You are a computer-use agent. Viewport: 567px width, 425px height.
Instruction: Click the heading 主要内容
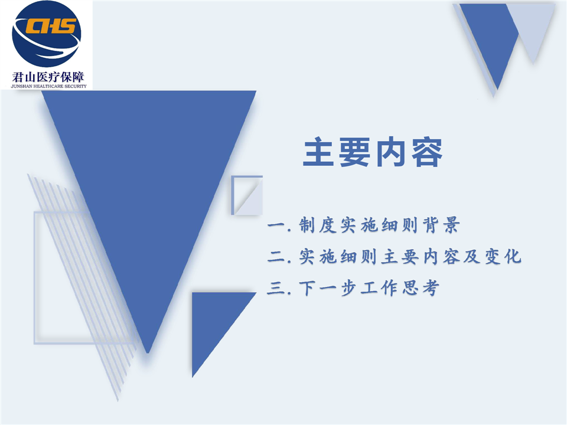pos(373,152)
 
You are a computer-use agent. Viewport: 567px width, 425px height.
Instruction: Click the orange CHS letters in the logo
pos(51,25)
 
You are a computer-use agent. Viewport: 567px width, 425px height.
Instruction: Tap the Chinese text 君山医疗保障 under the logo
pos(48,77)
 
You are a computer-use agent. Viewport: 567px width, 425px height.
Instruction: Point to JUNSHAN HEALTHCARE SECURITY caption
pos(49,86)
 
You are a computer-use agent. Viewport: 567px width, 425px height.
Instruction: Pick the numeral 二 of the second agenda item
pos(276,257)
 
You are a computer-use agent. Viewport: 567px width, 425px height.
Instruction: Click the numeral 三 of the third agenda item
pos(276,289)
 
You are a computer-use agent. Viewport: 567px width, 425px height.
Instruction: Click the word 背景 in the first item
pos(441,225)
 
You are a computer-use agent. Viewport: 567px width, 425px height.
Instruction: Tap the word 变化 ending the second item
pos(503,257)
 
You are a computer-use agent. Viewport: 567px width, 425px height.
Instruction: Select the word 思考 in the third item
pos(421,288)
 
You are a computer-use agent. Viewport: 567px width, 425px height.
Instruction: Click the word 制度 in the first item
pos(318,225)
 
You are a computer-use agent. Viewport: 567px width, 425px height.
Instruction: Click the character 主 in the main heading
pos(318,152)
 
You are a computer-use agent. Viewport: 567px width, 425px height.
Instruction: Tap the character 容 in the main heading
pos(427,152)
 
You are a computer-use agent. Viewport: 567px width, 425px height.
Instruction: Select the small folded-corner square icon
pos(247,195)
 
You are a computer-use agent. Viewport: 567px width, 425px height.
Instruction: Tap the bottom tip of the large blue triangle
pos(148,353)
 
